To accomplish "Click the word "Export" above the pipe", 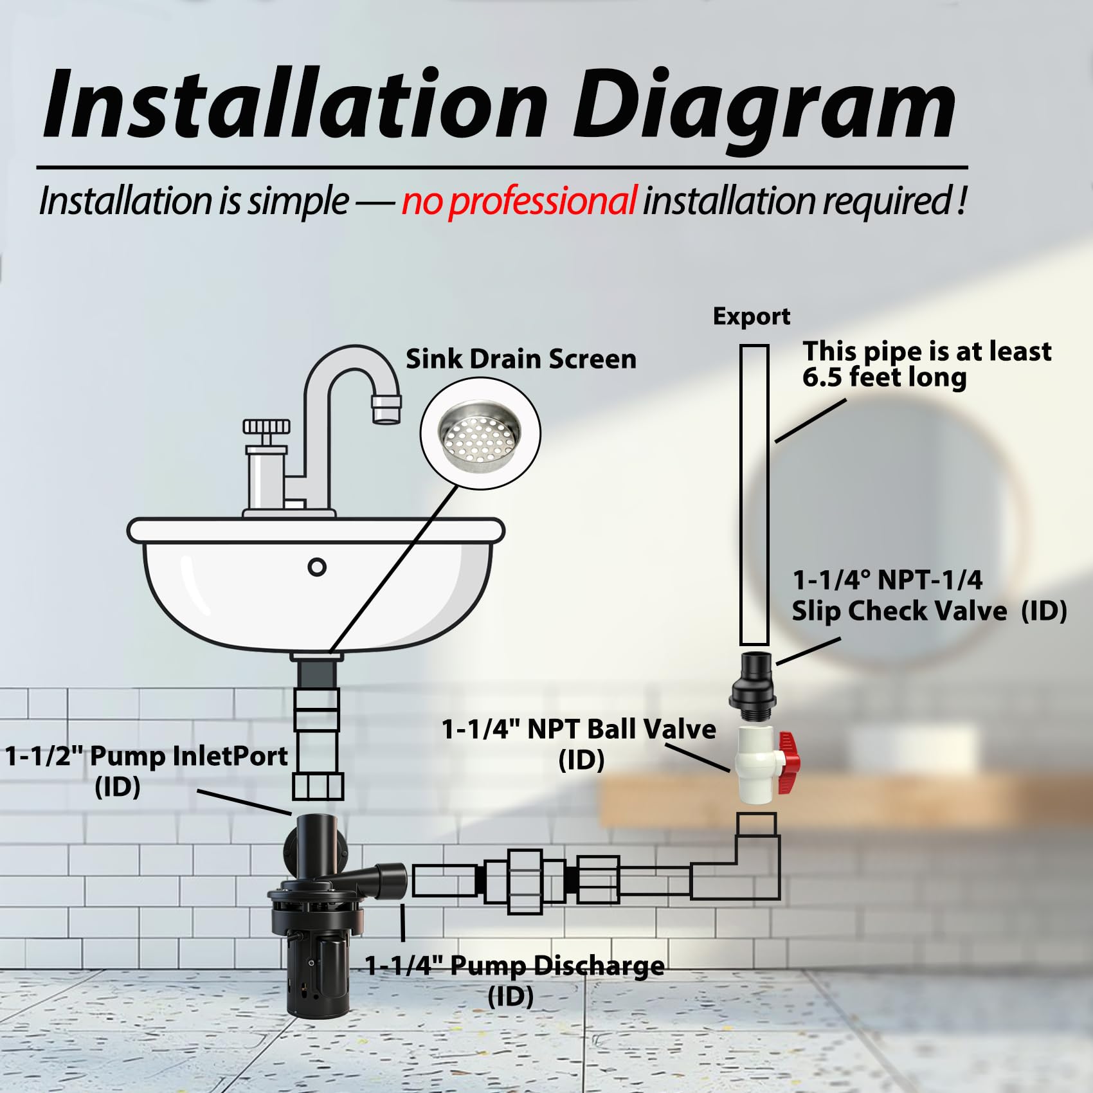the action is click(752, 316).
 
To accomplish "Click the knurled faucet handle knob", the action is click(267, 426).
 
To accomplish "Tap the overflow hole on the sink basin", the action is click(317, 567).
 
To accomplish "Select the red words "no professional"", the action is click(519, 201).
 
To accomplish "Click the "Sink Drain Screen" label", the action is click(521, 359).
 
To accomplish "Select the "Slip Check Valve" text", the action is click(899, 611).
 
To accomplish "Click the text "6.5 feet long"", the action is click(884, 377).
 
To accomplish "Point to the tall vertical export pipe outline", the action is click(754, 495).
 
